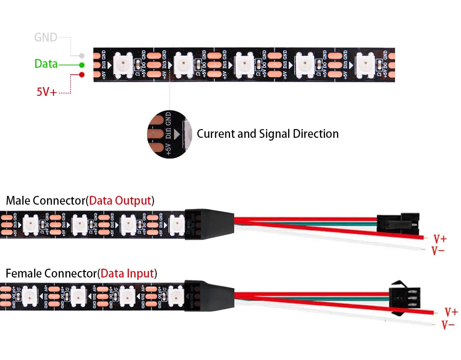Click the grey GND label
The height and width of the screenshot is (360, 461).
(x=46, y=37)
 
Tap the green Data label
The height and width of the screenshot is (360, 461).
(x=46, y=64)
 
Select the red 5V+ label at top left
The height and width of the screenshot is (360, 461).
(x=47, y=92)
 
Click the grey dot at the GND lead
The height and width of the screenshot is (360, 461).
(x=82, y=55)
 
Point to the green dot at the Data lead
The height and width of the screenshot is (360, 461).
(x=82, y=65)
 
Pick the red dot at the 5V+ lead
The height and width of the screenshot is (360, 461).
(x=82, y=74)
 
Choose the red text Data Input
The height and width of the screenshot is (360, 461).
(x=127, y=273)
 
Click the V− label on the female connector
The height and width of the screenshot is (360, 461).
(x=449, y=325)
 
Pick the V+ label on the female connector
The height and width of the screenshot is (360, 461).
(x=450, y=312)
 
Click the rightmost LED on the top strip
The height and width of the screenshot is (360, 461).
(x=365, y=64)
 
